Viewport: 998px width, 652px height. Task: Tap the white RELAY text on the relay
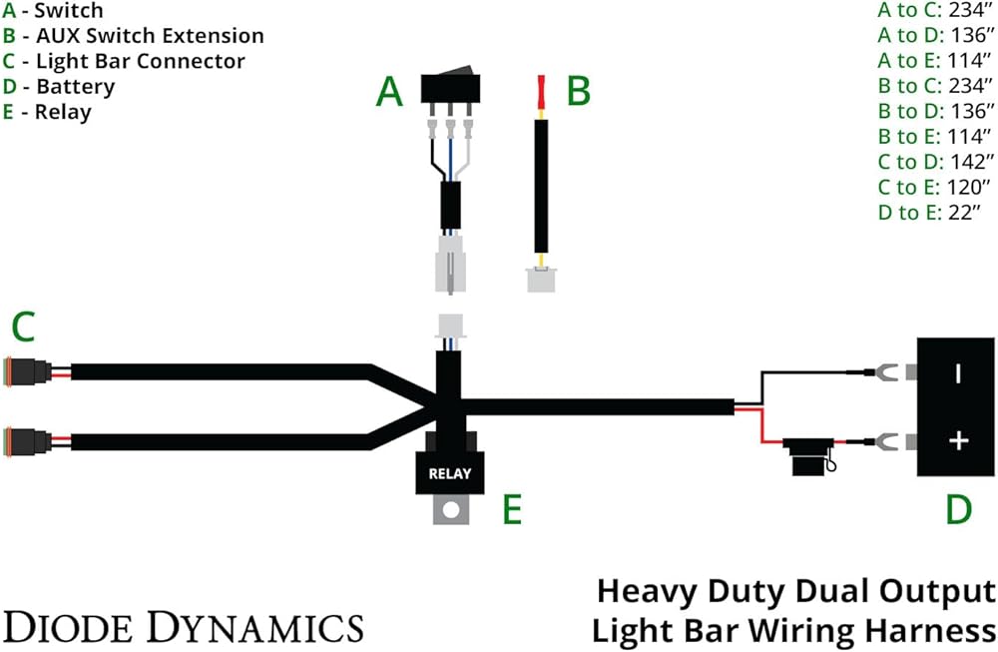click(450, 473)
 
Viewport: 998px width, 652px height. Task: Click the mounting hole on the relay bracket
click(451, 510)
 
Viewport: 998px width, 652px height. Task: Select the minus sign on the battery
click(958, 373)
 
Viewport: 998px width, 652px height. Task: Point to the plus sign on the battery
click(958, 440)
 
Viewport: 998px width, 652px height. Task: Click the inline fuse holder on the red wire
click(809, 456)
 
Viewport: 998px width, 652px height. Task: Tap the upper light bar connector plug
click(27, 371)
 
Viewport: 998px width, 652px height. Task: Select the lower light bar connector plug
click(27, 442)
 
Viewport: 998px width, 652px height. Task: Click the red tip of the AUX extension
click(542, 92)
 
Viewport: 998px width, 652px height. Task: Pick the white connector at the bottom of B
click(542, 280)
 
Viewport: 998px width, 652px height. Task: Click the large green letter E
click(512, 509)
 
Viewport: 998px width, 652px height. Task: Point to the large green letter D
click(958, 509)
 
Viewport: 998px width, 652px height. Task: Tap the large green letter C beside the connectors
click(24, 327)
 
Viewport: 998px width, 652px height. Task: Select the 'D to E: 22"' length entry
click(929, 212)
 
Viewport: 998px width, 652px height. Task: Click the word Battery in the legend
click(76, 87)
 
